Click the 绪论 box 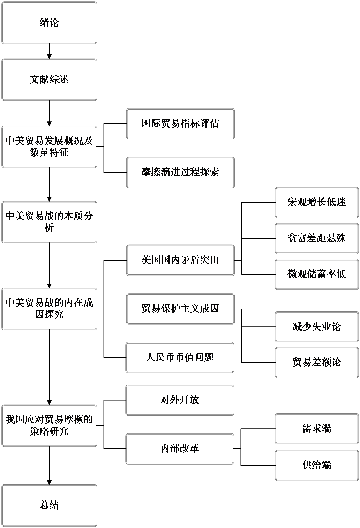click(x=49, y=23)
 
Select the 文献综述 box click(x=49, y=80)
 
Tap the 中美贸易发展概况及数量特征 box click(x=49, y=147)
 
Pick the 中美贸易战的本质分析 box click(x=49, y=222)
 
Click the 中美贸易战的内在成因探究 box click(x=49, y=309)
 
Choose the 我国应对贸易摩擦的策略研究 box click(x=49, y=425)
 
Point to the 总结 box click(x=49, y=505)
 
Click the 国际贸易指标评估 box click(x=180, y=124)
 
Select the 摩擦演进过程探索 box click(x=180, y=172)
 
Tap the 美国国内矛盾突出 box click(x=180, y=260)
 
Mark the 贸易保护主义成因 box click(x=180, y=309)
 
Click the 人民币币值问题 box click(x=180, y=357)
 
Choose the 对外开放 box click(x=180, y=400)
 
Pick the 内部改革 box click(x=180, y=448)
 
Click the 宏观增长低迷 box click(x=317, y=203)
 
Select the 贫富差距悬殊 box click(x=317, y=239)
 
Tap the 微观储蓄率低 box click(x=317, y=274)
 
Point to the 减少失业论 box click(x=317, y=327)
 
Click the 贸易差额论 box click(x=317, y=362)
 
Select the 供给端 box click(x=317, y=465)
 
